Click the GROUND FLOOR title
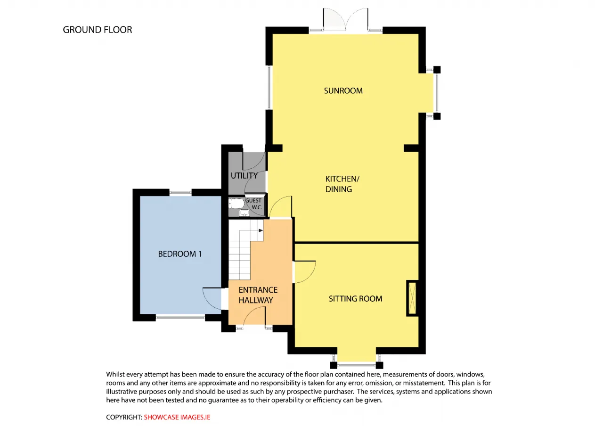point(98,30)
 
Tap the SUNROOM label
point(343,91)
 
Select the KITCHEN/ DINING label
point(342,184)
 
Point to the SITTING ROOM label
point(355,299)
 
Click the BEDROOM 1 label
point(180,254)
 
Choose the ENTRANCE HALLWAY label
point(258,295)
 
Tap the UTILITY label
point(244,176)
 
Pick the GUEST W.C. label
point(253,204)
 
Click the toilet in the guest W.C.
point(236,204)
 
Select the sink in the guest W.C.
point(244,213)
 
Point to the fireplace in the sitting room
point(412,298)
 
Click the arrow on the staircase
point(261,230)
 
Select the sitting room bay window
point(357,365)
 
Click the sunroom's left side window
point(269,88)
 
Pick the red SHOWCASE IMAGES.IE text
point(177,417)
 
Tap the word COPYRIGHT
point(124,417)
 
